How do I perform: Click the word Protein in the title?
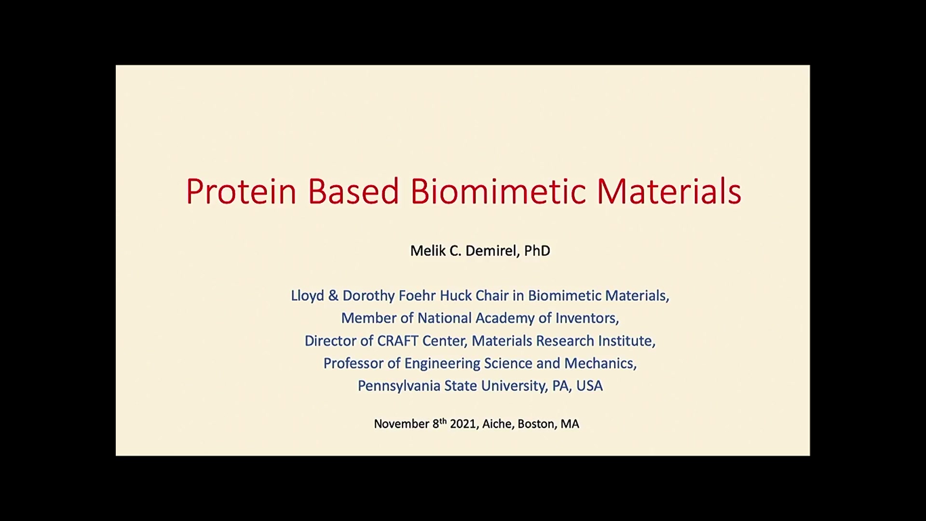(x=241, y=191)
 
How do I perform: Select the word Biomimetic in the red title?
(x=498, y=191)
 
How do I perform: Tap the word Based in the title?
(x=353, y=191)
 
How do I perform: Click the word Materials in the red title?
(x=669, y=191)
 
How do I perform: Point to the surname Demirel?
(x=492, y=251)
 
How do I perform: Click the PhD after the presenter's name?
(x=537, y=251)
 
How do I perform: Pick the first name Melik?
(x=428, y=251)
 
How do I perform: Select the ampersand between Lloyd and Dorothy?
(x=333, y=296)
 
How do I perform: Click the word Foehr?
(x=418, y=296)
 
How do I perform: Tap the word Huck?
(x=456, y=296)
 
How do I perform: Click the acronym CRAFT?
(x=397, y=341)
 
